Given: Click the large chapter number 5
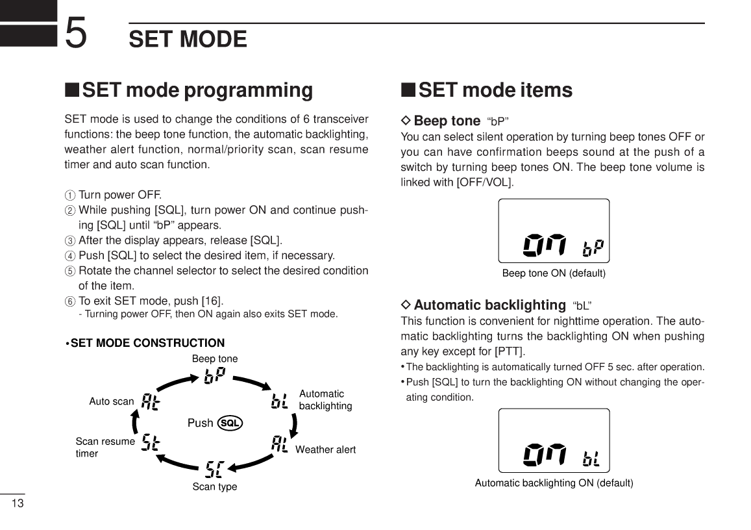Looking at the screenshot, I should (76, 34).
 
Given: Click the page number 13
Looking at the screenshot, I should (18, 504).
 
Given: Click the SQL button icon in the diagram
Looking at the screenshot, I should (230, 423).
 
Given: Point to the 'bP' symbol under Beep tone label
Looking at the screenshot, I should (215, 376).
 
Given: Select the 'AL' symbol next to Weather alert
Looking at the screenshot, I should (280, 444).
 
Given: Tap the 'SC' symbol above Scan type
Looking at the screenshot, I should (215, 468).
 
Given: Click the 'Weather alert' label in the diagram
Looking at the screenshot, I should (325, 449).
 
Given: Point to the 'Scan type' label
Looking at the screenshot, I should (215, 486).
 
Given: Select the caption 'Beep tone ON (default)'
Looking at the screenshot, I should (554, 273).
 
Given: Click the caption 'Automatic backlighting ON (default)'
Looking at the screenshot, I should (554, 483).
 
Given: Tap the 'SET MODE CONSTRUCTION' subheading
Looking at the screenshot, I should (147, 343).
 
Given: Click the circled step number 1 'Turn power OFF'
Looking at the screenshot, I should (70, 195).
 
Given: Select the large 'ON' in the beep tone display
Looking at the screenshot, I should (545, 245).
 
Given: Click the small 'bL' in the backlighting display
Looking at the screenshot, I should (591, 459).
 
